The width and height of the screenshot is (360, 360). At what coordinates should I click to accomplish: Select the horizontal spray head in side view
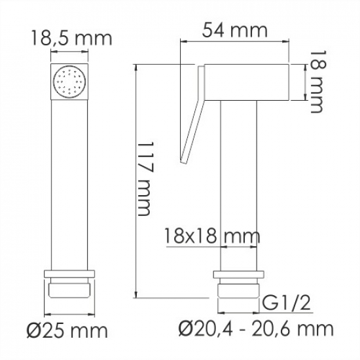click(249, 82)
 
